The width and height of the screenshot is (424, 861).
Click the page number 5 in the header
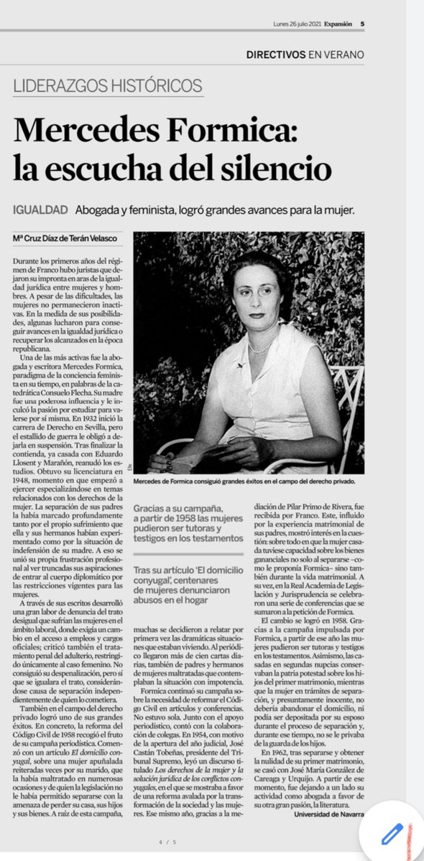pos(362,23)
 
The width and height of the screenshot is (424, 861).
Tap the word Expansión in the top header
pos(338,23)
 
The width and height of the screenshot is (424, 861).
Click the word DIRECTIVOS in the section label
pos(277,55)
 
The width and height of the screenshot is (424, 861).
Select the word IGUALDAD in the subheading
pos(41,210)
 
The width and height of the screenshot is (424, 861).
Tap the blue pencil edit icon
pos(391,834)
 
